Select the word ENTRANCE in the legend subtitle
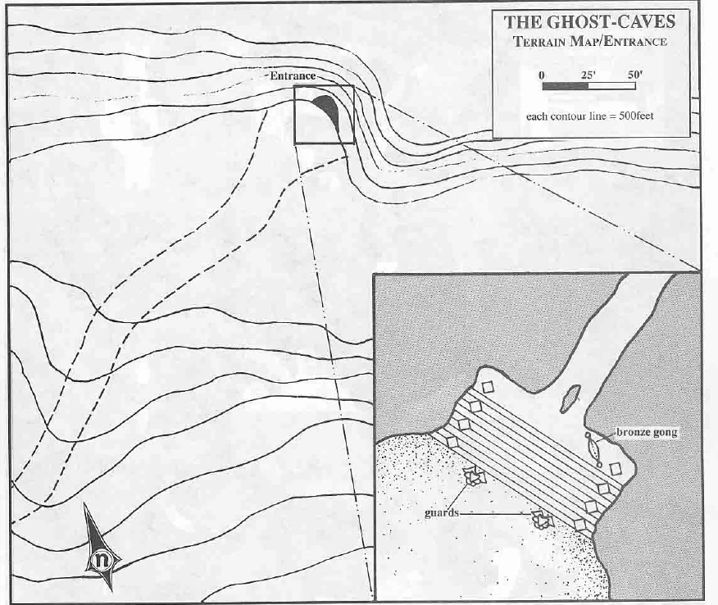coord(634,42)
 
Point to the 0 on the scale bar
coord(542,75)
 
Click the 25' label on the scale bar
coord(588,75)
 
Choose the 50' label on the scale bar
coord(635,75)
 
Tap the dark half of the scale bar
coord(566,86)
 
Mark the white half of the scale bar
coord(612,86)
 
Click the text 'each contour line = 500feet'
coord(590,116)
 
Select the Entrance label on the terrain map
coord(293,75)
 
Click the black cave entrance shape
coord(330,110)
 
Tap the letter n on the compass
coord(102,559)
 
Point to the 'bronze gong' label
coord(646,432)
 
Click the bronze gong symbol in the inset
coord(593,449)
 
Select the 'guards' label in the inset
coord(442,512)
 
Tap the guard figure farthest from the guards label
coord(542,521)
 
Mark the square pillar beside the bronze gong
coord(615,469)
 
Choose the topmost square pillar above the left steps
coord(489,387)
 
